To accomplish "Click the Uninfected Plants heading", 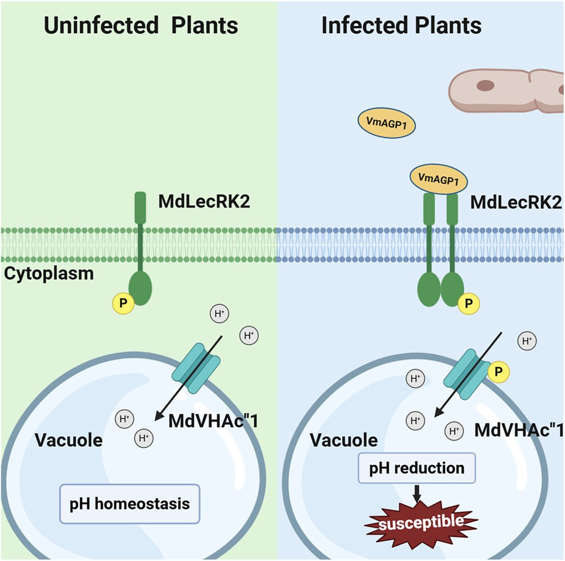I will (x=141, y=25).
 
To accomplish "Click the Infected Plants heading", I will (x=401, y=25).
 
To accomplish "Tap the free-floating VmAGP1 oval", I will (x=387, y=123).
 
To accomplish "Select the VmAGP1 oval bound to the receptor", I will (x=438, y=179).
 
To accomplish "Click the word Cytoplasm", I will (x=48, y=274).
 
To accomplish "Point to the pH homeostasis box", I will (x=129, y=504).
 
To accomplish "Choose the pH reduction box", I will (x=417, y=468).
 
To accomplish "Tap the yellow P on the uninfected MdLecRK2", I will (x=123, y=303).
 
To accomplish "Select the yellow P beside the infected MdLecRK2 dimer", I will (x=468, y=303).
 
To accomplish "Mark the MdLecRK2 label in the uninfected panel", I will (x=204, y=202).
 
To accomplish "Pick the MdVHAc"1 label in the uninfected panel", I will (x=213, y=421).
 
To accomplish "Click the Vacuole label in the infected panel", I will (x=344, y=440).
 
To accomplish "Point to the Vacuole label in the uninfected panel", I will (x=69, y=440).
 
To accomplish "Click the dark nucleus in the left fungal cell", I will (x=485, y=86).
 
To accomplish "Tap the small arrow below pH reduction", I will (x=417, y=493).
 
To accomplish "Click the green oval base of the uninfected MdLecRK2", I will (x=140, y=288).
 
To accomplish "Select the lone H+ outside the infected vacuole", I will (x=527, y=341).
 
